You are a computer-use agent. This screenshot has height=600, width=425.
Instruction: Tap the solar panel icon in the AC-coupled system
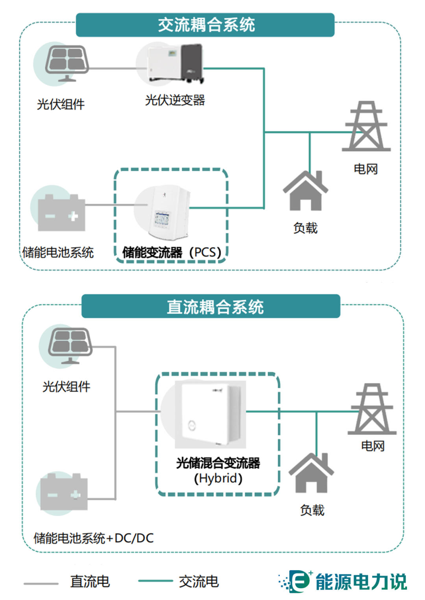coord(67,63)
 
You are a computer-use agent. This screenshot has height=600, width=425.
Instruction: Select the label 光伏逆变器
coord(175,100)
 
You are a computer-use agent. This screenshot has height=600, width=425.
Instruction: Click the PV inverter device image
coord(175,64)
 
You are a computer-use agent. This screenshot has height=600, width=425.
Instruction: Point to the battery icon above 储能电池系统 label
coord(61,212)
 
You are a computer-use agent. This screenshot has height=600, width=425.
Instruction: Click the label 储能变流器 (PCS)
coord(172,252)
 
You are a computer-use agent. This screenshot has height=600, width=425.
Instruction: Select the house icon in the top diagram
coord(305,191)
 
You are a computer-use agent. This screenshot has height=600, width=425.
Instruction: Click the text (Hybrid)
coord(218,478)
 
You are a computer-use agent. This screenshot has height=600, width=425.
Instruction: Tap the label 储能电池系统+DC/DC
coord(94,538)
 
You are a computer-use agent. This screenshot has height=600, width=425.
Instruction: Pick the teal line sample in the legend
coord(155,581)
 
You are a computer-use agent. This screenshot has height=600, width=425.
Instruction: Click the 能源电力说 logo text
coord(361,582)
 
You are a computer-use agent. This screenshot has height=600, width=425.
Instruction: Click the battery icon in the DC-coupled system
coord(64,492)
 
